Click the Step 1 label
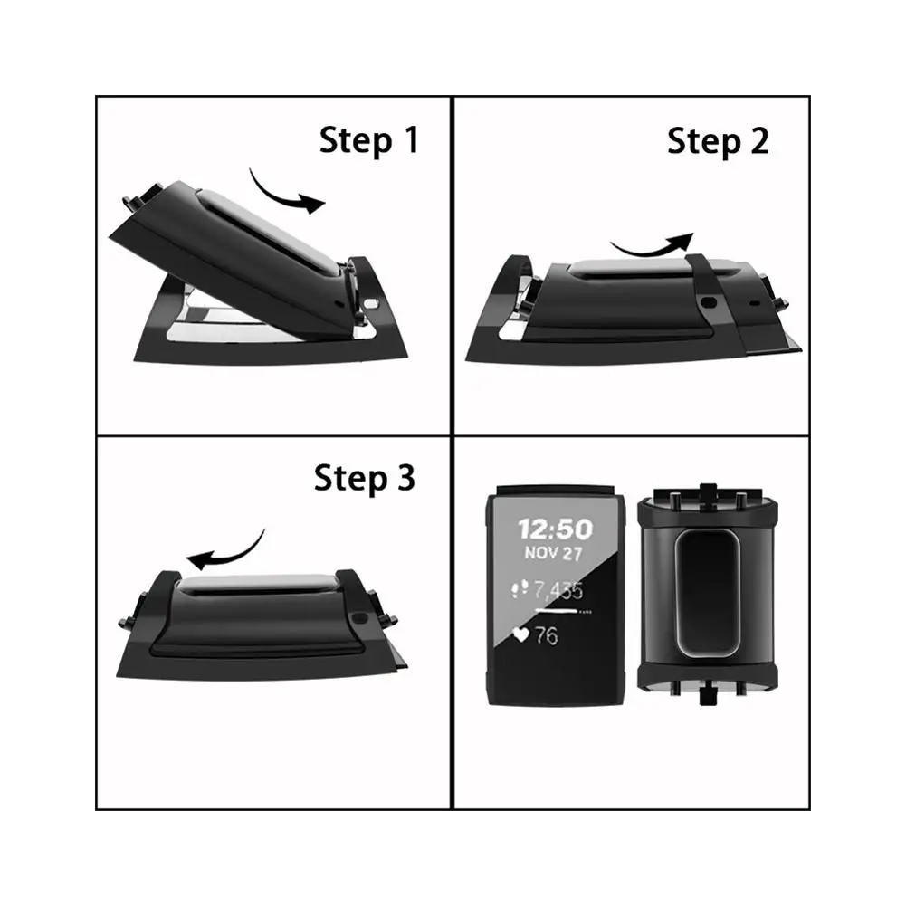tap(368, 140)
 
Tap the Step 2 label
tap(718, 141)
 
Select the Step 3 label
tap(364, 479)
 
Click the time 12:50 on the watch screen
tap(555, 529)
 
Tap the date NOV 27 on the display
tap(553, 553)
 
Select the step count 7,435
tap(558, 590)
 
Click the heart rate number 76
tap(546, 635)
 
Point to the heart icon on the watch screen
tap(520, 635)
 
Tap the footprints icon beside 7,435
tap(520, 589)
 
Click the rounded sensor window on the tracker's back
tap(707, 593)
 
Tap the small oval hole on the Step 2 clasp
tap(709, 302)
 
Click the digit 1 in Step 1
tap(411, 139)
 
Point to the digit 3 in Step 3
tap(406, 478)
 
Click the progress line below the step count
tap(556, 610)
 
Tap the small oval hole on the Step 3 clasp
tap(359, 618)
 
